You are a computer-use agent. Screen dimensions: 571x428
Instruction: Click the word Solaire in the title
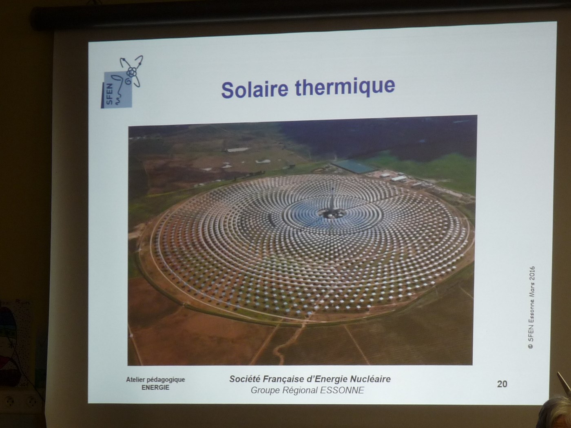coord(255,90)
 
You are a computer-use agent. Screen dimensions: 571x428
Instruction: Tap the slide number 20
coord(502,384)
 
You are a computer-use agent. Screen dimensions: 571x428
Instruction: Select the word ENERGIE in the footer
coord(155,388)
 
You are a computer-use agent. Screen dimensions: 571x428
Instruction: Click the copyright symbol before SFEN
coord(531,346)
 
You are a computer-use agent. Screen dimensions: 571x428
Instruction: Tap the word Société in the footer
coord(245,379)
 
